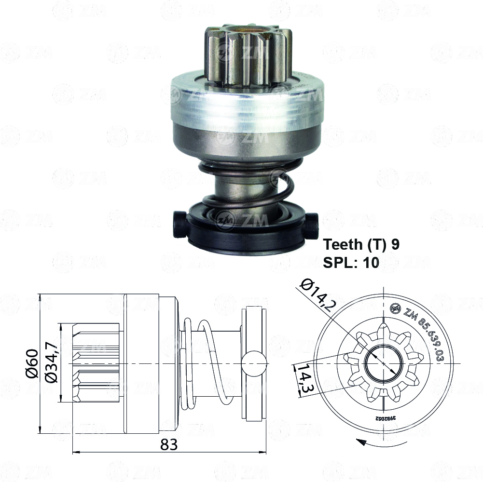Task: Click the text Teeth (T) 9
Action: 361,244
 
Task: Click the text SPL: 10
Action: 351,262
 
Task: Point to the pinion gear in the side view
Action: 97,363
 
